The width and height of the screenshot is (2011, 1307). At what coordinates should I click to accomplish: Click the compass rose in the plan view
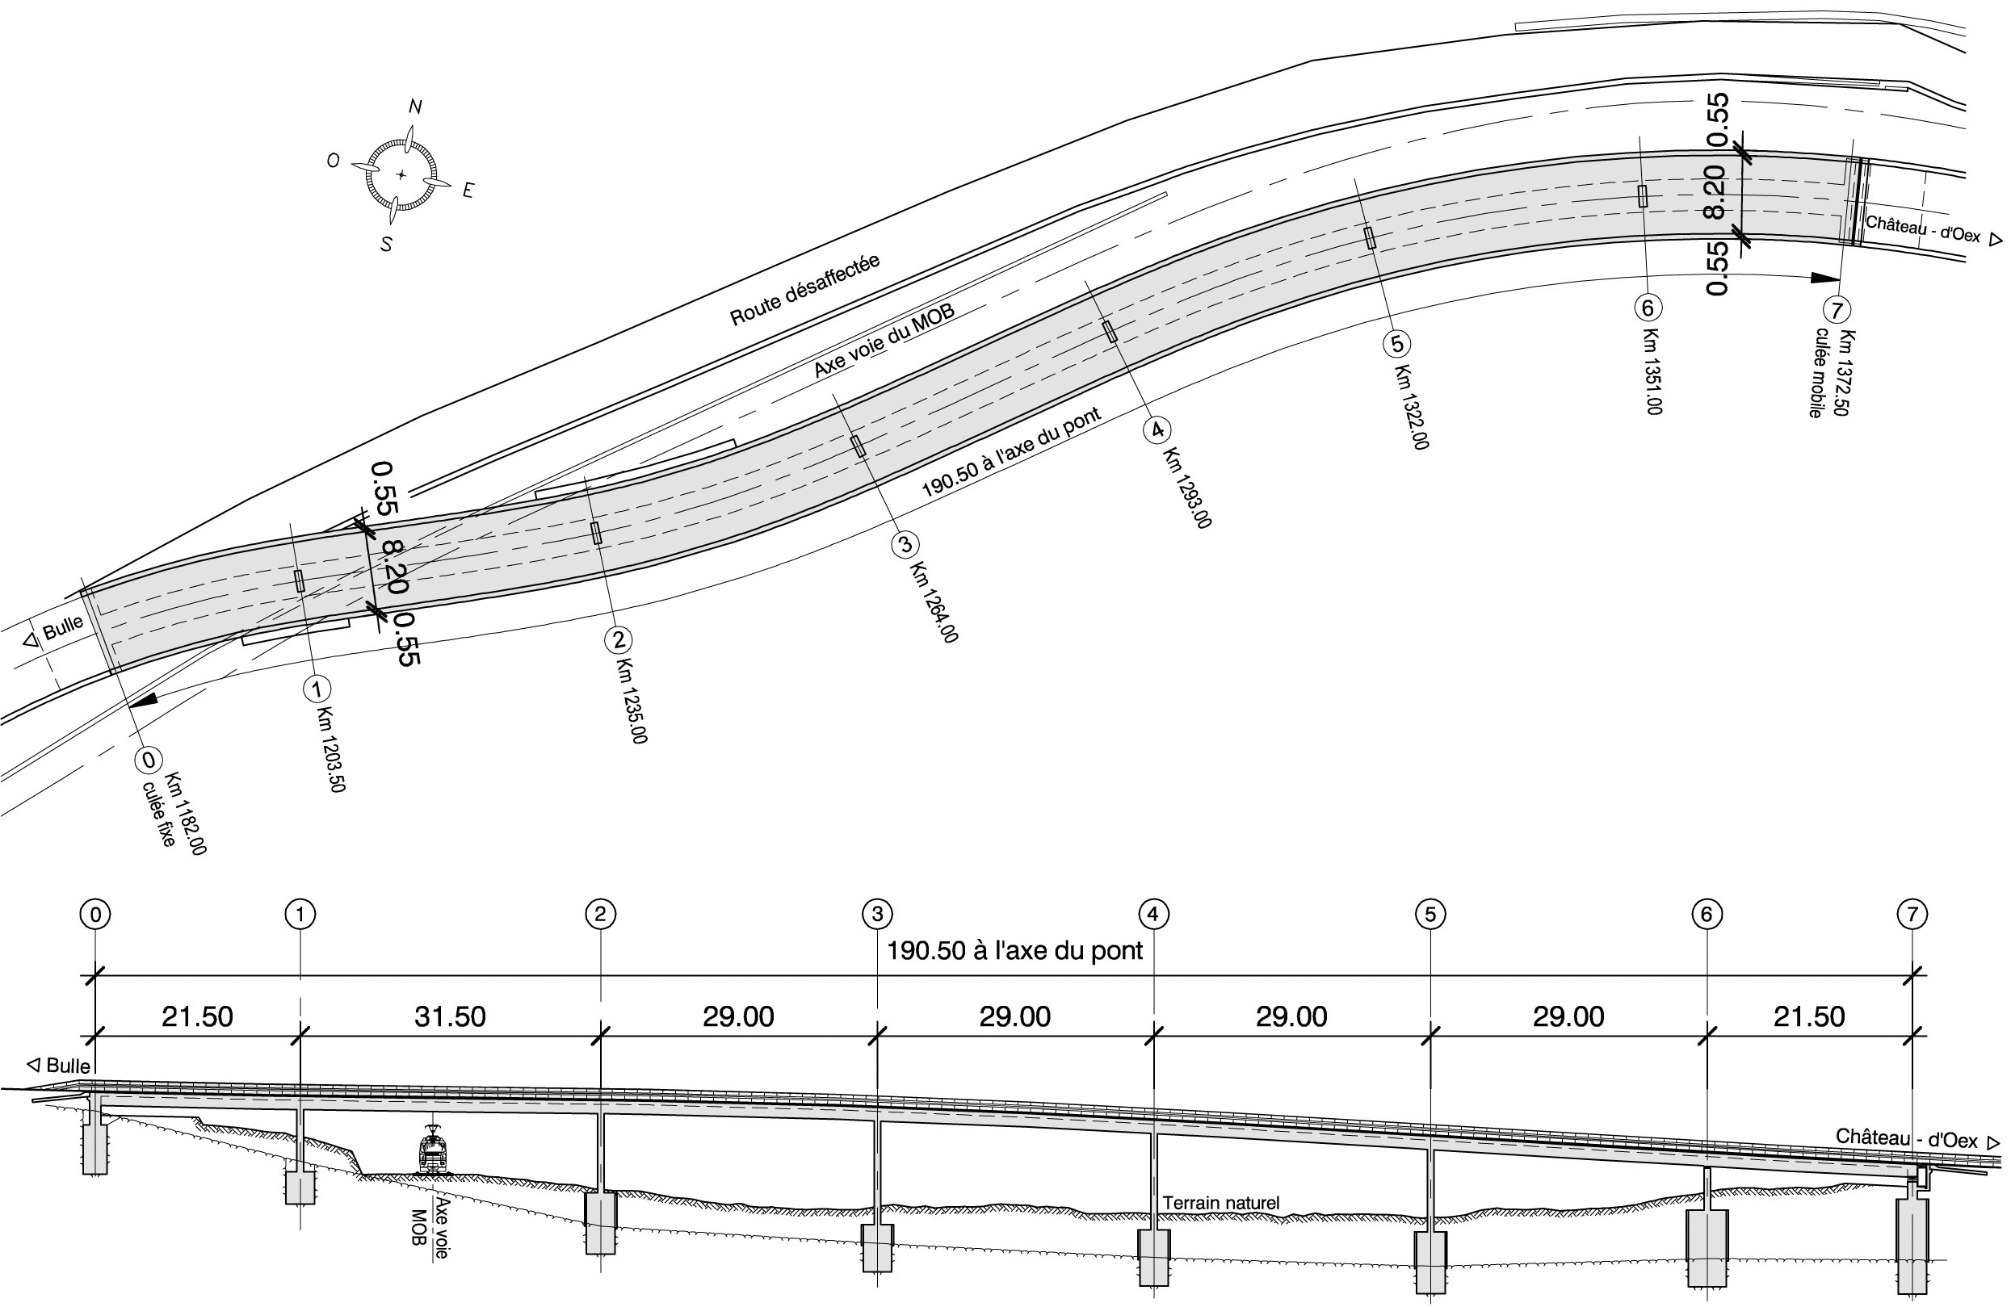click(x=401, y=175)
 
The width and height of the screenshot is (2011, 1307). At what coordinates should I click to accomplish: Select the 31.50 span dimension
click(x=450, y=1016)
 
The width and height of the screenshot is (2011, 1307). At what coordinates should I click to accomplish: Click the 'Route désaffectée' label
click(x=804, y=290)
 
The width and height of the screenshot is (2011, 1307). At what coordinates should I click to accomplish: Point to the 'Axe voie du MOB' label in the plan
click(x=884, y=341)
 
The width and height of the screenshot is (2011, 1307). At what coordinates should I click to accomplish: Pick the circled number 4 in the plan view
click(x=1157, y=430)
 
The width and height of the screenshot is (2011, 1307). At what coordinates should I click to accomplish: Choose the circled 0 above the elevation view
click(x=95, y=914)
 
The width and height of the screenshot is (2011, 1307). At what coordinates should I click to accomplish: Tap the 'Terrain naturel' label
click(x=1221, y=1202)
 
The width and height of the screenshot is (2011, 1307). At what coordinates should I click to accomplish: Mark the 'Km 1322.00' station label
click(x=1412, y=408)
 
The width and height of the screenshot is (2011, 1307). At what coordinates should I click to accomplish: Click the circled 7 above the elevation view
click(x=1912, y=914)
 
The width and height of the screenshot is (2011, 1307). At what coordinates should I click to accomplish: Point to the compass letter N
click(x=415, y=107)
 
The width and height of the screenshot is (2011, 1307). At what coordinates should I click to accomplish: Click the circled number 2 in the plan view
click(x=619, y=639)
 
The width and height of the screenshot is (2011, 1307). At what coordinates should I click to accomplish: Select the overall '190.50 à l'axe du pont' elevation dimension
click(x=1014, y=951)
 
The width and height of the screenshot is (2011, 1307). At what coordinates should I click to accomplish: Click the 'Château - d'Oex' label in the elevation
click(x=1906, y=1139)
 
